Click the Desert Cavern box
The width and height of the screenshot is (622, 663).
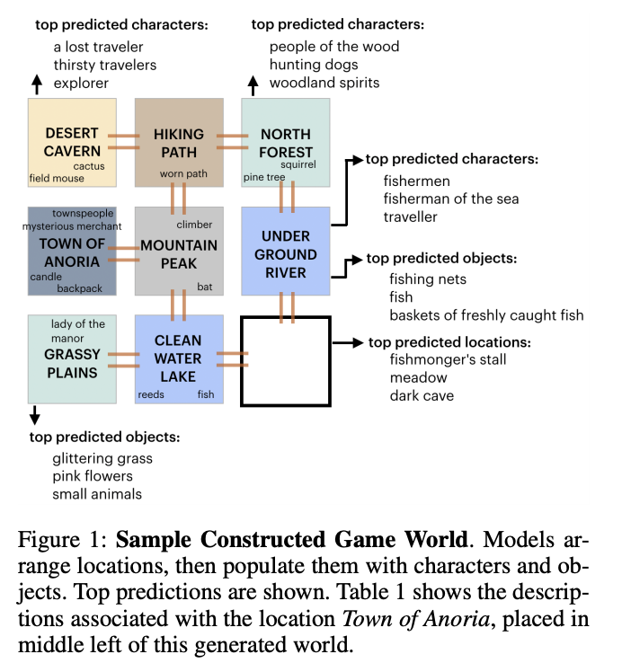point(72,142)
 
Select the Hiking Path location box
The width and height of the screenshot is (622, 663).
point(179,142)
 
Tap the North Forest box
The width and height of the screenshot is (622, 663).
point(286,142)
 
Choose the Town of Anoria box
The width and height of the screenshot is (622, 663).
point(72,251)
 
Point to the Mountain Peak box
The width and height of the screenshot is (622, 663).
point(179,251)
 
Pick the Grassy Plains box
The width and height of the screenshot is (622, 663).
point(72,358)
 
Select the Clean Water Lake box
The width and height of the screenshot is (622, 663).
point(179,358)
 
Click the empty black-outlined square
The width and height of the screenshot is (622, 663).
point(286,360)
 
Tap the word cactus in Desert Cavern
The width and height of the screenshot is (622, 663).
point(88,165)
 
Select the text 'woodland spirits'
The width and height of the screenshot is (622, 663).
point(324,83)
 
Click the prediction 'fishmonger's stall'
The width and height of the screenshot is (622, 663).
point(448,359)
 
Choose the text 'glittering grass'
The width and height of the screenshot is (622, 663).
point(102,458)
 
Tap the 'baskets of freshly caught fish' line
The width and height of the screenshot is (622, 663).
point(486,314)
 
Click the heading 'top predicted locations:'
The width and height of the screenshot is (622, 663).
point(449,342)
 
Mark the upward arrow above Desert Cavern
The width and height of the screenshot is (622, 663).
point(36,84)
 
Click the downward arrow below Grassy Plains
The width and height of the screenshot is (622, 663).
point(35,415)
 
